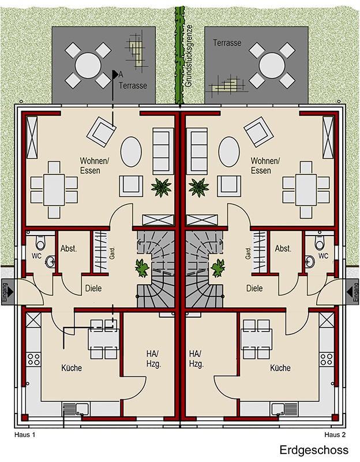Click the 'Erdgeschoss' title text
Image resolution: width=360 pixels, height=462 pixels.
[314, 450]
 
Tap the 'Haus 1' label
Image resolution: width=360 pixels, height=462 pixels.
[25, 435]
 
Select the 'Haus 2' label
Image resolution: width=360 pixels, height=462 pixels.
[335, 435]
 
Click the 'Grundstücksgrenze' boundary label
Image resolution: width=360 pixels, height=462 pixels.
[189, 56]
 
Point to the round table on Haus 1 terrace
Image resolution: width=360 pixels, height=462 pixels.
[88, 65]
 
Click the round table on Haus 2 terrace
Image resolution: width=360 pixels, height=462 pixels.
[272, 65]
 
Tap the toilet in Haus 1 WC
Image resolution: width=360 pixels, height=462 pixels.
[40, 242]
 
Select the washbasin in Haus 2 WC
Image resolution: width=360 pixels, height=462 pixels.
[310, 261]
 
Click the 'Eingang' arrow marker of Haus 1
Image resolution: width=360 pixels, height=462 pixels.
[7, 292]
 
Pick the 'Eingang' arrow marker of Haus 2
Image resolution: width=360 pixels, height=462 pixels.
[352, 292]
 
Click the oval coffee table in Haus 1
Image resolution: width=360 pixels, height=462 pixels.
[131, 152]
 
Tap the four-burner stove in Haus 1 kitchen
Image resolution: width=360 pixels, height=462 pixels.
[33, 359]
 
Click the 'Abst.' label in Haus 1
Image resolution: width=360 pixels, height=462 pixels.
[69, 248]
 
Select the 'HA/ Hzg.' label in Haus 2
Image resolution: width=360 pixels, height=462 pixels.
[196, 359]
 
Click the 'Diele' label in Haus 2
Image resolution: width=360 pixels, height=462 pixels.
[254, 288]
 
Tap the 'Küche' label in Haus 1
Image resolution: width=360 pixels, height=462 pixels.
[72, 368]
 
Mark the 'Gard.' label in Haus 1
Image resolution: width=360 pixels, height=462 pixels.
[112, 254]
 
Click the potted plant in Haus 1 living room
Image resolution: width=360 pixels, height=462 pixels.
[161, 188]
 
